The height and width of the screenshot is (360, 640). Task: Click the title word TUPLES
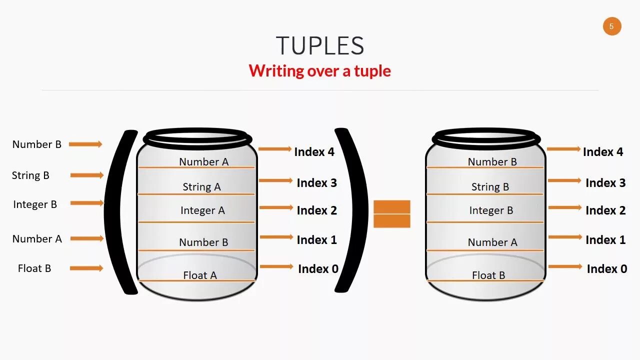pyautogui.click(x=320, y=46)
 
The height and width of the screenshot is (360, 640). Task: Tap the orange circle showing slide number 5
pyautogui.click(x=612, y=26)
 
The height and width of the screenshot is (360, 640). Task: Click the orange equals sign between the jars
pyautogui.click(x=391, y=214)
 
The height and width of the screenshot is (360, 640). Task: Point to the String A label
pyautogui.click(x=201, y=187)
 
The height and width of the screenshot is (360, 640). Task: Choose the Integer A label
pyautogui.click(x=202, y=210)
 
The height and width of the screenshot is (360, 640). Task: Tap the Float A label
pyautogui.click(x=200, y=275)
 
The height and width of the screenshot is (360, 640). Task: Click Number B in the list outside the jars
pyautogui.click(x=37, y=144)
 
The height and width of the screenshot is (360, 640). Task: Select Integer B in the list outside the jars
pyautogui.click(x=35, y=204)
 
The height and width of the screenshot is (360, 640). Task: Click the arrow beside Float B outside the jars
pyautogui.click(x=86, y=268)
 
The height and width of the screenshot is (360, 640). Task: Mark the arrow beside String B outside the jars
pyautogui.click(x=86, y=175)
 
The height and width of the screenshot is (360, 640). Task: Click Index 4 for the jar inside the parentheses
pyautogui.click(x=314, y=152)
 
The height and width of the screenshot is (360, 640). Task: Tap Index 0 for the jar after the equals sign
pyautogui.click(x=606, y=269)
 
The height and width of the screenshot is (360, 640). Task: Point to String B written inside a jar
pyautogui.click(x=490, y=187)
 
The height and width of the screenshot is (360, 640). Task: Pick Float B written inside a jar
pyautogui.click(x=488, y=275)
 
